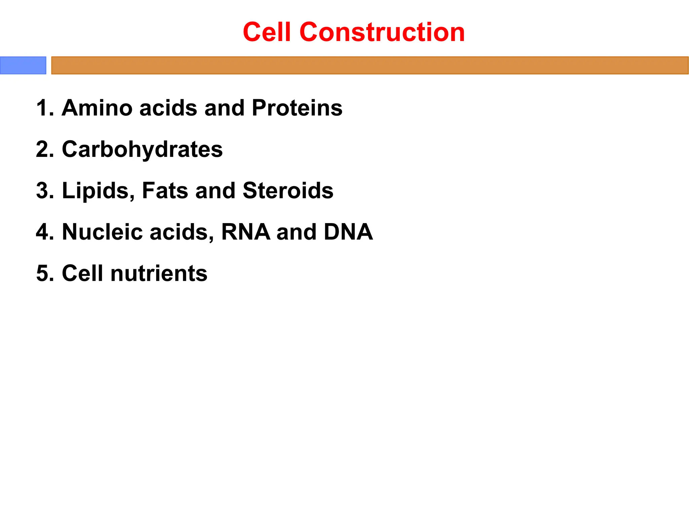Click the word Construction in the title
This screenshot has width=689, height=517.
point(382,32)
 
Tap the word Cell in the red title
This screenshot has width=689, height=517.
point(267,32)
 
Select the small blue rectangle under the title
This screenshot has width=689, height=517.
point(23,65)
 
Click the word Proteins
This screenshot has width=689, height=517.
point(297,108)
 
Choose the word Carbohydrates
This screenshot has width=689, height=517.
point(142,149)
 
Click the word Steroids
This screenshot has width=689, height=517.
point(288,191)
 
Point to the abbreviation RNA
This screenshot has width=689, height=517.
point(246,232)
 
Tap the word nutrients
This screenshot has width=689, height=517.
point(159,273)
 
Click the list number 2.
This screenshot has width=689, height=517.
point(43,149)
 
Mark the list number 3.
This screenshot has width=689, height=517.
point(43,191)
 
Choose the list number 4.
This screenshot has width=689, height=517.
point(43,232)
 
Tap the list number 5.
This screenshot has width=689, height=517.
point(43,273)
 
